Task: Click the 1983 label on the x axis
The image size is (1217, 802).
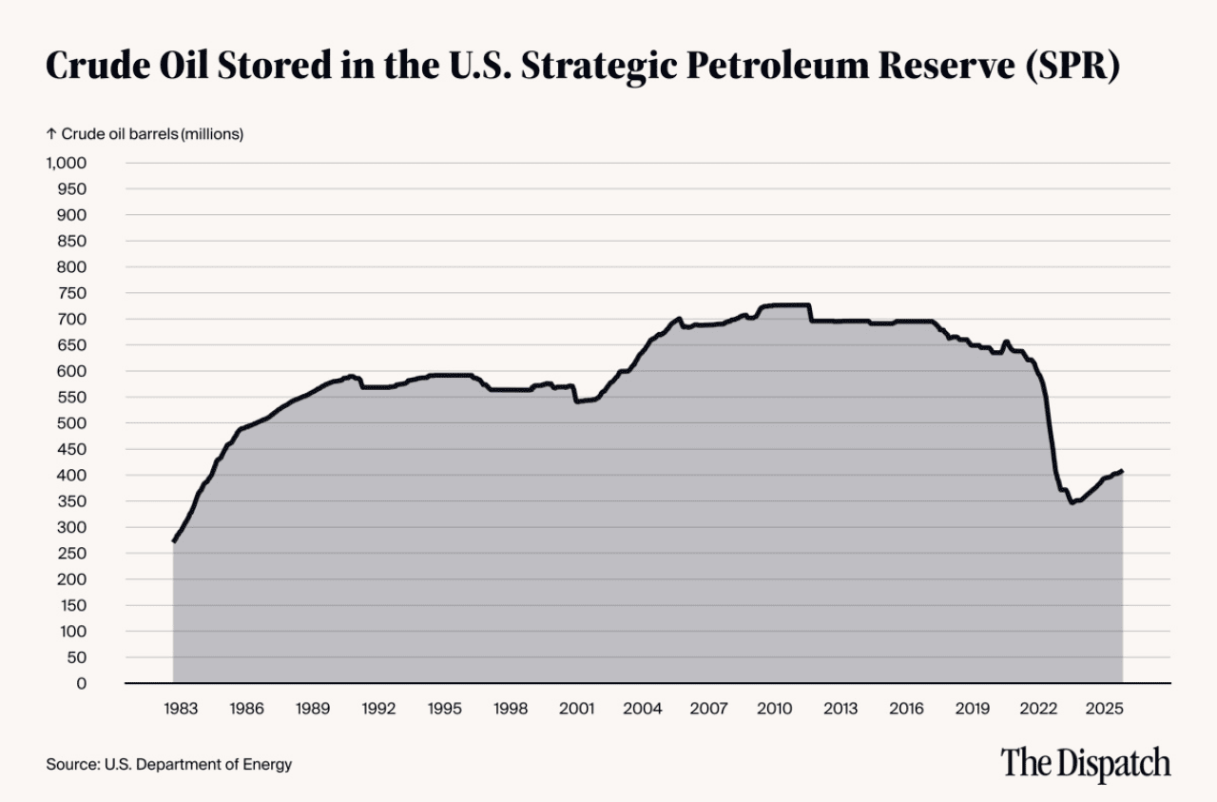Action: [181, 709]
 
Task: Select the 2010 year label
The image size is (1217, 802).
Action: [774, 709]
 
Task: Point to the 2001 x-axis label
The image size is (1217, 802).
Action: [576, 709]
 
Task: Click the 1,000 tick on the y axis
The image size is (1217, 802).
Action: [67, 163]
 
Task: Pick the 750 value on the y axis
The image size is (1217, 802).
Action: [73, 293]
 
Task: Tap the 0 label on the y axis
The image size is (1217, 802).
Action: [82, 683]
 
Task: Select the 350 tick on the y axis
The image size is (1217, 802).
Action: [73, 501]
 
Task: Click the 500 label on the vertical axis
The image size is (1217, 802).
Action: [73, 423]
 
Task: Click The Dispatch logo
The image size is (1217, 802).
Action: [1085, 763]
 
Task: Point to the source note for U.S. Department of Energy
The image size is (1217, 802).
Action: [168, 764]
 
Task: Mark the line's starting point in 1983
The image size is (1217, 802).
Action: [173, 541]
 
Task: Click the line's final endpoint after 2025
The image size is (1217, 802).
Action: [1123, 470]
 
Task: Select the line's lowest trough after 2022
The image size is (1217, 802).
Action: [1072, 502]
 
